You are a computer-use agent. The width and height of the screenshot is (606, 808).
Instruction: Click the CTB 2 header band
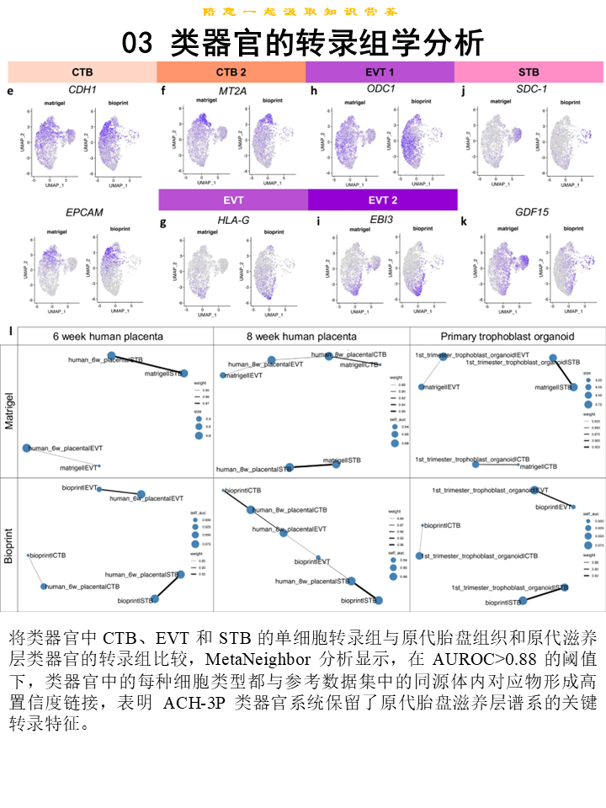tap(231, 72)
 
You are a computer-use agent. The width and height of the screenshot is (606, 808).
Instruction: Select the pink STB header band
tap(529, 72)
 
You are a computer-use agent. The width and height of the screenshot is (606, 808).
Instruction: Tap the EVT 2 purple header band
tap(382, 200)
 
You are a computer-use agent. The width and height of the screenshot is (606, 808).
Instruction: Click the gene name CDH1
tap(82, 88)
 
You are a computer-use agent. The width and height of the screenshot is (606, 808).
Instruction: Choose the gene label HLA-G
tap(233, 221)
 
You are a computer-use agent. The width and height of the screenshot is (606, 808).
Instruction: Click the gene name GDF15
tap(532, 212)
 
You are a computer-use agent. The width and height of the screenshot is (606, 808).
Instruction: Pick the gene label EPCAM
tap(84, 212)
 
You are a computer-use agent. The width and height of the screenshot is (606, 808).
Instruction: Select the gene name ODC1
tap(381, 88)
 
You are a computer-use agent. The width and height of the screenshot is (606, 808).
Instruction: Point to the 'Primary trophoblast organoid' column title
tap(507, 337)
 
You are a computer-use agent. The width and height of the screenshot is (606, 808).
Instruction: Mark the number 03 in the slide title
tap(138, 43)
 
